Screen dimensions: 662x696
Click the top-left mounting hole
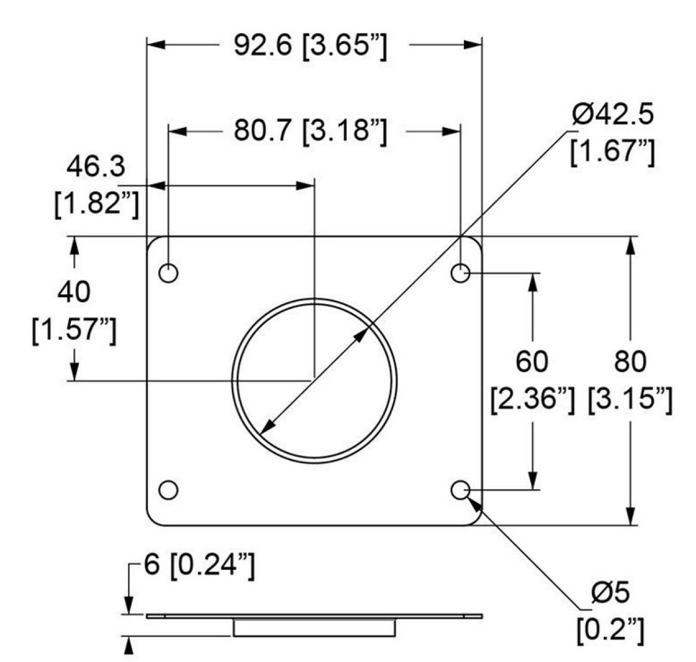[169, 272]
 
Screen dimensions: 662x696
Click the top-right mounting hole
[461, 272]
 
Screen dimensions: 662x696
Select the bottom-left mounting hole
[169, 490]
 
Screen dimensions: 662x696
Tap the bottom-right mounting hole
[461, 490]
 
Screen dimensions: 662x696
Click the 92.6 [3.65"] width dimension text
[310, 46]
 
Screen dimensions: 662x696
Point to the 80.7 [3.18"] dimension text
[310, 131]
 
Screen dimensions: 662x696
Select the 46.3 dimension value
[96, 167]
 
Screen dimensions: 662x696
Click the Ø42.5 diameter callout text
[614, 115]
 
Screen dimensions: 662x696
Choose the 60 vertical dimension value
[531, 362]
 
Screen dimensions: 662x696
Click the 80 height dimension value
[630, 362]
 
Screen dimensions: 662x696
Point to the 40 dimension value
[74, 292]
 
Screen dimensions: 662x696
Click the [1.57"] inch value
[74, 331]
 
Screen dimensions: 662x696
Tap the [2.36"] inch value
[532, 401]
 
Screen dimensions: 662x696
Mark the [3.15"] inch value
[630, 401]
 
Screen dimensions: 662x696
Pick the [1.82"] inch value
[96, 205]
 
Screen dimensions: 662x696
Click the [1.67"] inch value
[612, 152]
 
